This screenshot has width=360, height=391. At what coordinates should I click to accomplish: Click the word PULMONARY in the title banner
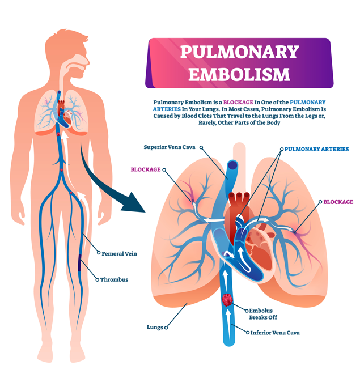pyautogui.click(x=239, y=52)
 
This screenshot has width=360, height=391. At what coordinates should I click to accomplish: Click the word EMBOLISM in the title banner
pyautogui.click(x=239, y=74)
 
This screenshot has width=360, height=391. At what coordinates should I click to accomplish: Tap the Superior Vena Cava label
pyautogui.click(x=170, y=147)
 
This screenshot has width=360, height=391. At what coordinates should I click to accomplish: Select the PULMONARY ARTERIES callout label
pyautogui.click(x=316, y=149)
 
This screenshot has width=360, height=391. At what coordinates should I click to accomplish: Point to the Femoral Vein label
pyautogui.click(x=119, y=254)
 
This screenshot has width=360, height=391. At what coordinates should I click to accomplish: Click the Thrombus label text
pyautogui.click(x=114, y=279)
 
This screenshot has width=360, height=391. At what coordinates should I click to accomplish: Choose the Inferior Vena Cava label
pyautogui.click(x=275, y=333)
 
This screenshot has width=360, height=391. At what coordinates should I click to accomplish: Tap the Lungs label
pyautogui.click(x=155, y=327)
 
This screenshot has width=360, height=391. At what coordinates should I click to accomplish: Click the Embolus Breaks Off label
pyautogui.click(x=263, y=314)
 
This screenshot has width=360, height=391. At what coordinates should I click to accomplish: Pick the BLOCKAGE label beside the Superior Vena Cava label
pyautogui.click(x=146, y=169)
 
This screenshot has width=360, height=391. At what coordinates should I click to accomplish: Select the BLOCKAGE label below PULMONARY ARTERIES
pyautogui.click(x=338, y=202)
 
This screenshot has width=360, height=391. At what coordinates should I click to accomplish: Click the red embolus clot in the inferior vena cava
pyautogui.click(x=227, y=300)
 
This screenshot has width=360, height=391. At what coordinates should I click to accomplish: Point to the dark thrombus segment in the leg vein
pyautogui.click(x=79, y=262)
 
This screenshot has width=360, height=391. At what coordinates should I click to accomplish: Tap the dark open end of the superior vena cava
pyautogui.click(x=232, y=165)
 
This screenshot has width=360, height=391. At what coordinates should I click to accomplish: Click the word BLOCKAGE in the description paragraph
pyautogui.click(x=238, y=102)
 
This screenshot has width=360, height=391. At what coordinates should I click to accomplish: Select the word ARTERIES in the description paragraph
pyautogui.click(x=167, y=109)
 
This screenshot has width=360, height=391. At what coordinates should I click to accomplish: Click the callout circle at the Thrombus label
pyautogui.click(x=98, y=279)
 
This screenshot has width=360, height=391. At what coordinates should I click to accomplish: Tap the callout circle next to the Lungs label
pyautogui.click(x=166, y=328)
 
